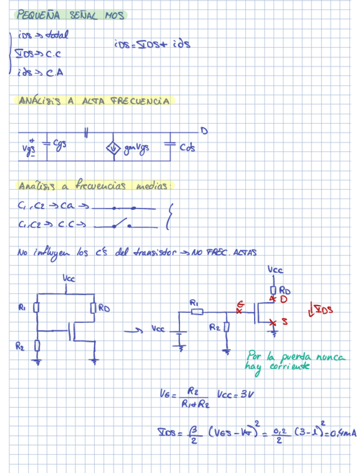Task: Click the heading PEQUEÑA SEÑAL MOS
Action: click(x=71, y=15)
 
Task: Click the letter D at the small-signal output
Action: click(x=204, y=132)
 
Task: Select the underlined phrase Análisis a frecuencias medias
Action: click(x=95, y=185)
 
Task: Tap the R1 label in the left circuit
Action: click(x=22, y=307)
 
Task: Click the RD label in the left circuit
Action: click(x=104, y=308)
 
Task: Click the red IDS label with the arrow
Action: click(x=322, y=308)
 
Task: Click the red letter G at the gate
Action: click(x=241, y=304)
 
